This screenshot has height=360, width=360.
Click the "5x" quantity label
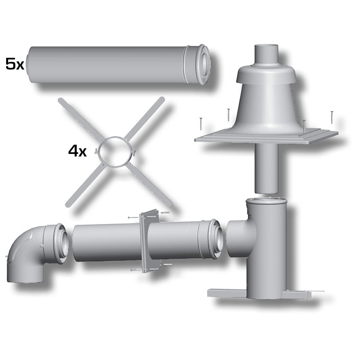pyautogui.click(x=15, y=64)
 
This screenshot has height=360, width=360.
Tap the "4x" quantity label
pyautogui.click(x=77, y=151)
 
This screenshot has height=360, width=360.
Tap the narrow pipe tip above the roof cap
pyautogui.click(x=266, y=54)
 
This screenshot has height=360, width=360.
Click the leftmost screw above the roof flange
pyautogui.click(x=201, y=124)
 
